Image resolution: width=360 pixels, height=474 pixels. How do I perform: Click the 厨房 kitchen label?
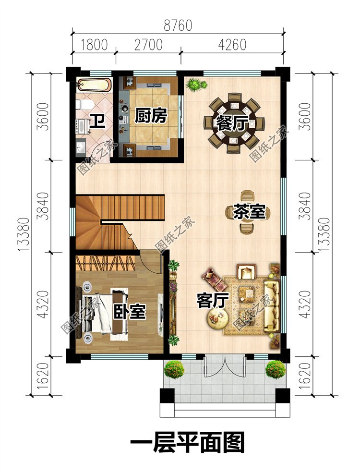pyautogui.click(x=151, y=116)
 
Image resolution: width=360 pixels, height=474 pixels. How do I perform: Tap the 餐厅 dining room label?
pyautogui.click(x=232, y=124)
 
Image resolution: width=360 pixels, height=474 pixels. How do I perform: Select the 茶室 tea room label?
pyautogui.click(x=249, y=212)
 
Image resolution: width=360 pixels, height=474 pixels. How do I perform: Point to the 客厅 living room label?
pyautogui.click(x=213, y=300)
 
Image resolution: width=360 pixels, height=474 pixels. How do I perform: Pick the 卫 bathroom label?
pyautogui.click(x=98, y=121)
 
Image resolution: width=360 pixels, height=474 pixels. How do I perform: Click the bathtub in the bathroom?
pyautogui.click(x=94, y=85)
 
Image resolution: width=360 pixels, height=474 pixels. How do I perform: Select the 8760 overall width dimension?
pyautogui.click(x=178, y=25)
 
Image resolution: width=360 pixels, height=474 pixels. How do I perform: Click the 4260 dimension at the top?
pyautogui.click(x=232, y=45)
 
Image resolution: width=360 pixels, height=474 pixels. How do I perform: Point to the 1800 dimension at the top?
pyautogui.click(x=94, y=45)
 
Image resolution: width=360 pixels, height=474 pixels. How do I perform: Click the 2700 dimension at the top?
pyautogui.click(x=148, y=45)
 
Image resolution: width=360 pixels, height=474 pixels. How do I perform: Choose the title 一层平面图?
pyautogui.click(x=187, y=442)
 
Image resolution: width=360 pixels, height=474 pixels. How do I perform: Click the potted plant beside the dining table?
pyautogui.click(x=197, y=84)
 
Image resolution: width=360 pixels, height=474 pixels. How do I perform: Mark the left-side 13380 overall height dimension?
pyautogui.click(x=24, y=234)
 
